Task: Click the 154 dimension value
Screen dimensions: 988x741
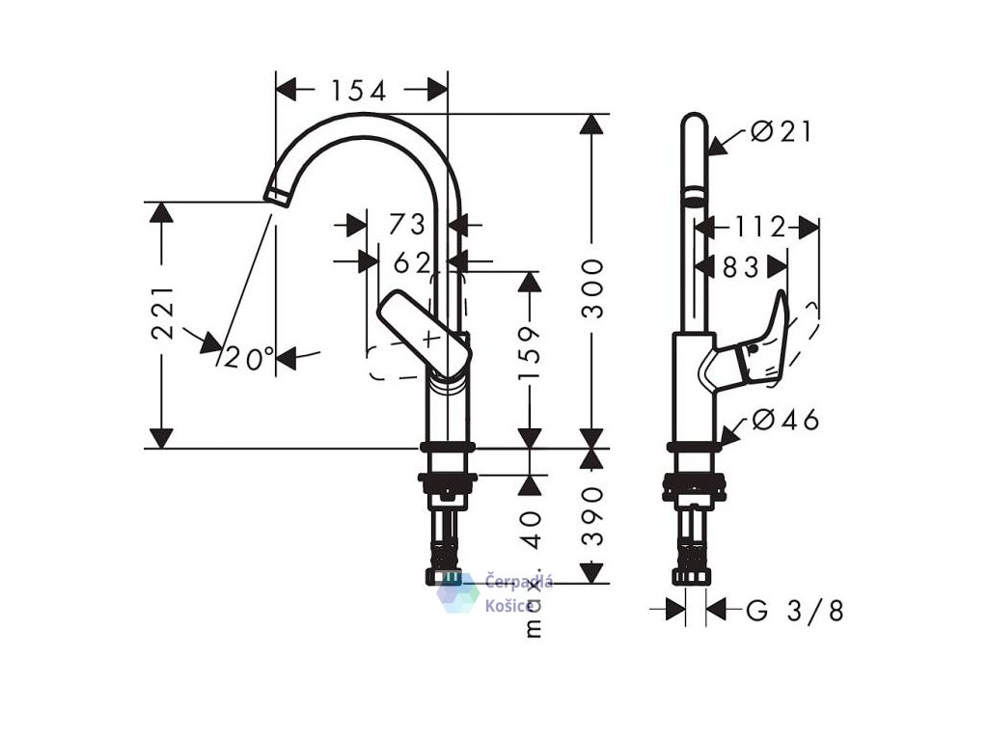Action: point(358,91)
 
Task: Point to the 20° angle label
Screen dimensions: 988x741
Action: point(250,359)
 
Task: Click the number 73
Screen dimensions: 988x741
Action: point(407,225)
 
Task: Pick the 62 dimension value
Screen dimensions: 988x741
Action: point(412,261)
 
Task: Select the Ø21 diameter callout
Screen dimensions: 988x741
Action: point(782,132)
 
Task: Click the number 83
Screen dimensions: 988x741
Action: point(741,266)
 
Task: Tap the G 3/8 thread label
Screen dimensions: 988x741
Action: point(795,611)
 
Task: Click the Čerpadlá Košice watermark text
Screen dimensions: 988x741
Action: point(518,592)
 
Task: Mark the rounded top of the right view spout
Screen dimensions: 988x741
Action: point(694,123)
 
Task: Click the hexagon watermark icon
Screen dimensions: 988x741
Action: point(457,592)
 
